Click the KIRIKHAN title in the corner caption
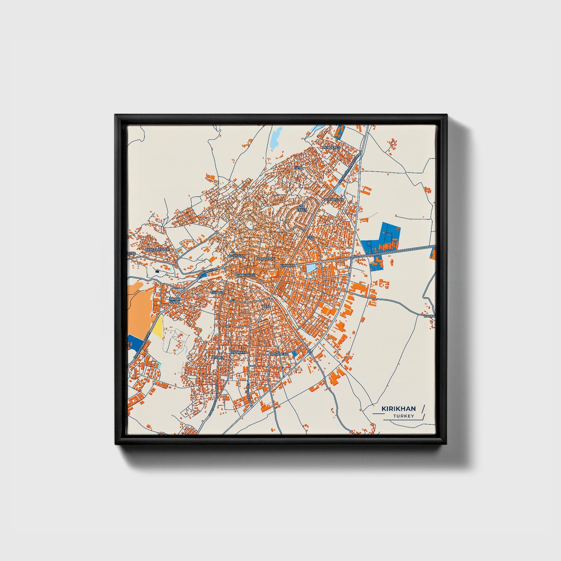[398, 408]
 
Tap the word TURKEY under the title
[403, 416]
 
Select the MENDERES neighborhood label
[331, 148]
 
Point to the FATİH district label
[298, 168]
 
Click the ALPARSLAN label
[334, 199]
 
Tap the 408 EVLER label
[302, 208]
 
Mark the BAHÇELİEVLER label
[157, 249]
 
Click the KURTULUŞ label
[237, 256]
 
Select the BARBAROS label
[266, 259]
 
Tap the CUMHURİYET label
[246, 275]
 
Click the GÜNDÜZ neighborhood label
[217, 292]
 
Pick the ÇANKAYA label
[239, 352]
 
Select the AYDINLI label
[218, 357]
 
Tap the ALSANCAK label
[279, 354]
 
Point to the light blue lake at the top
[275, 137]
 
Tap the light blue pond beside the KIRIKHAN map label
[311, 268]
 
